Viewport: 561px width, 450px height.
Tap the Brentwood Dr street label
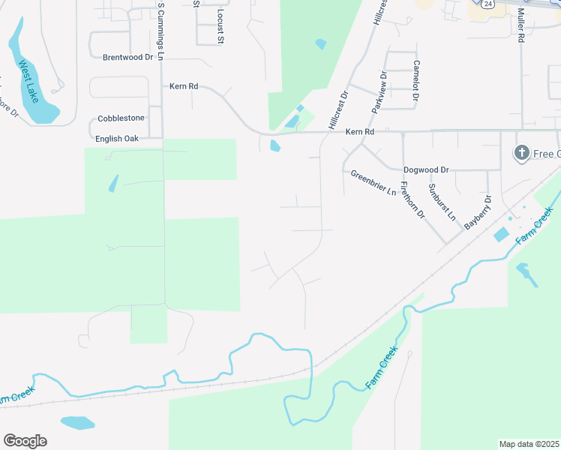tap(127, 57)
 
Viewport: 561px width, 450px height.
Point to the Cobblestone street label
tap(121, 119)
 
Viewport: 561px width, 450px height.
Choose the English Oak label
tap(117, 139)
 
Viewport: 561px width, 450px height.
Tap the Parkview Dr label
tap(378, 91)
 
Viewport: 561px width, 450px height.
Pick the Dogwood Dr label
tap(425, 170)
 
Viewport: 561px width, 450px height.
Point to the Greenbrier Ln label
tap(373, 183)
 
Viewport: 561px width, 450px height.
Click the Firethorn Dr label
tap(412, 200)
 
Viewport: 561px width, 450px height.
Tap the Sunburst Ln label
tap(442, 200)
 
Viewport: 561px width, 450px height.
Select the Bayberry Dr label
tap(477, 211)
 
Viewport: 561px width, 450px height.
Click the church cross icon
tap(522, 154)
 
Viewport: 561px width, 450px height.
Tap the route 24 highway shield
tap(488, 4)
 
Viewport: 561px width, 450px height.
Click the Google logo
tap(25, 441)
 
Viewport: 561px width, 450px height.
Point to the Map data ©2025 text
tap(529, 443)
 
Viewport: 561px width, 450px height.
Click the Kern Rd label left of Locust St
tap(183, 87)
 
